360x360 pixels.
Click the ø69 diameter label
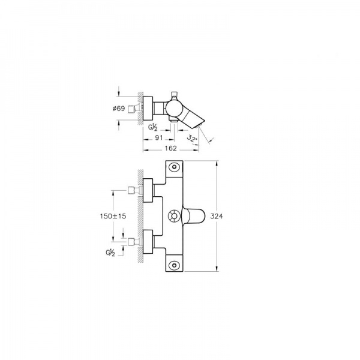(x=119, y=109)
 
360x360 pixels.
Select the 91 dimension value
(x=159, y=137)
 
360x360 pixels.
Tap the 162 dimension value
(x=171, y=148)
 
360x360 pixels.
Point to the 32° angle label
(x=192, y=139)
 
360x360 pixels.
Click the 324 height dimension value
(x=217, y=216)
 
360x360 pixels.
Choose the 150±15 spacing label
(x=113, y=216)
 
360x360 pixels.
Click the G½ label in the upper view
(x=152, y=127)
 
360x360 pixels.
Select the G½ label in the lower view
(x=110, y=253)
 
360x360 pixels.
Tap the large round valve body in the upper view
(x=174, y=108)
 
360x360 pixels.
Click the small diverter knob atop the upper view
(x=175, y=94)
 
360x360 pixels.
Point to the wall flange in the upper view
(x=148, y=108)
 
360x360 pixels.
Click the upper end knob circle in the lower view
(x=174, y=166)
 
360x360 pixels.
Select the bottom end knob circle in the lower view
(x=174, y=266)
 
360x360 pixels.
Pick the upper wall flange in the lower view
(x=148, y=190)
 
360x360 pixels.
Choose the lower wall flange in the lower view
(x=148, y=242)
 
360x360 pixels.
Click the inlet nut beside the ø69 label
(x=131, y=109)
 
